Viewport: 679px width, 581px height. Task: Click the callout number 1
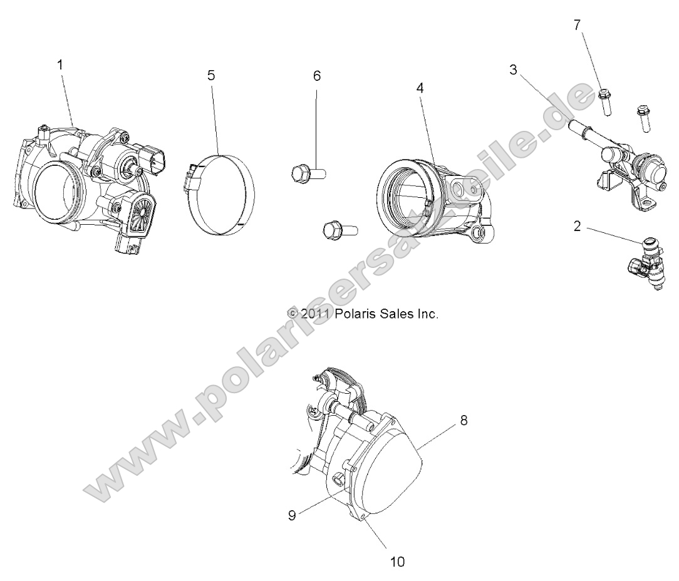pos(60,65)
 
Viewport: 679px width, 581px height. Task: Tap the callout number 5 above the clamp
pos(211,75)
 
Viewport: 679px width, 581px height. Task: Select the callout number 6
pos(316,76)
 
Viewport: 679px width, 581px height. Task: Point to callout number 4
pos(420,88)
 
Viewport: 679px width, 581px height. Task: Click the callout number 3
pos(513,69)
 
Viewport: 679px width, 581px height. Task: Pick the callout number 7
pos(578,24)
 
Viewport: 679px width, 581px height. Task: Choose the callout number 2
pos(576,227)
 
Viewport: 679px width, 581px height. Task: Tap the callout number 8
pos(464,420)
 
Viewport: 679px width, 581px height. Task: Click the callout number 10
pos(398,562)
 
